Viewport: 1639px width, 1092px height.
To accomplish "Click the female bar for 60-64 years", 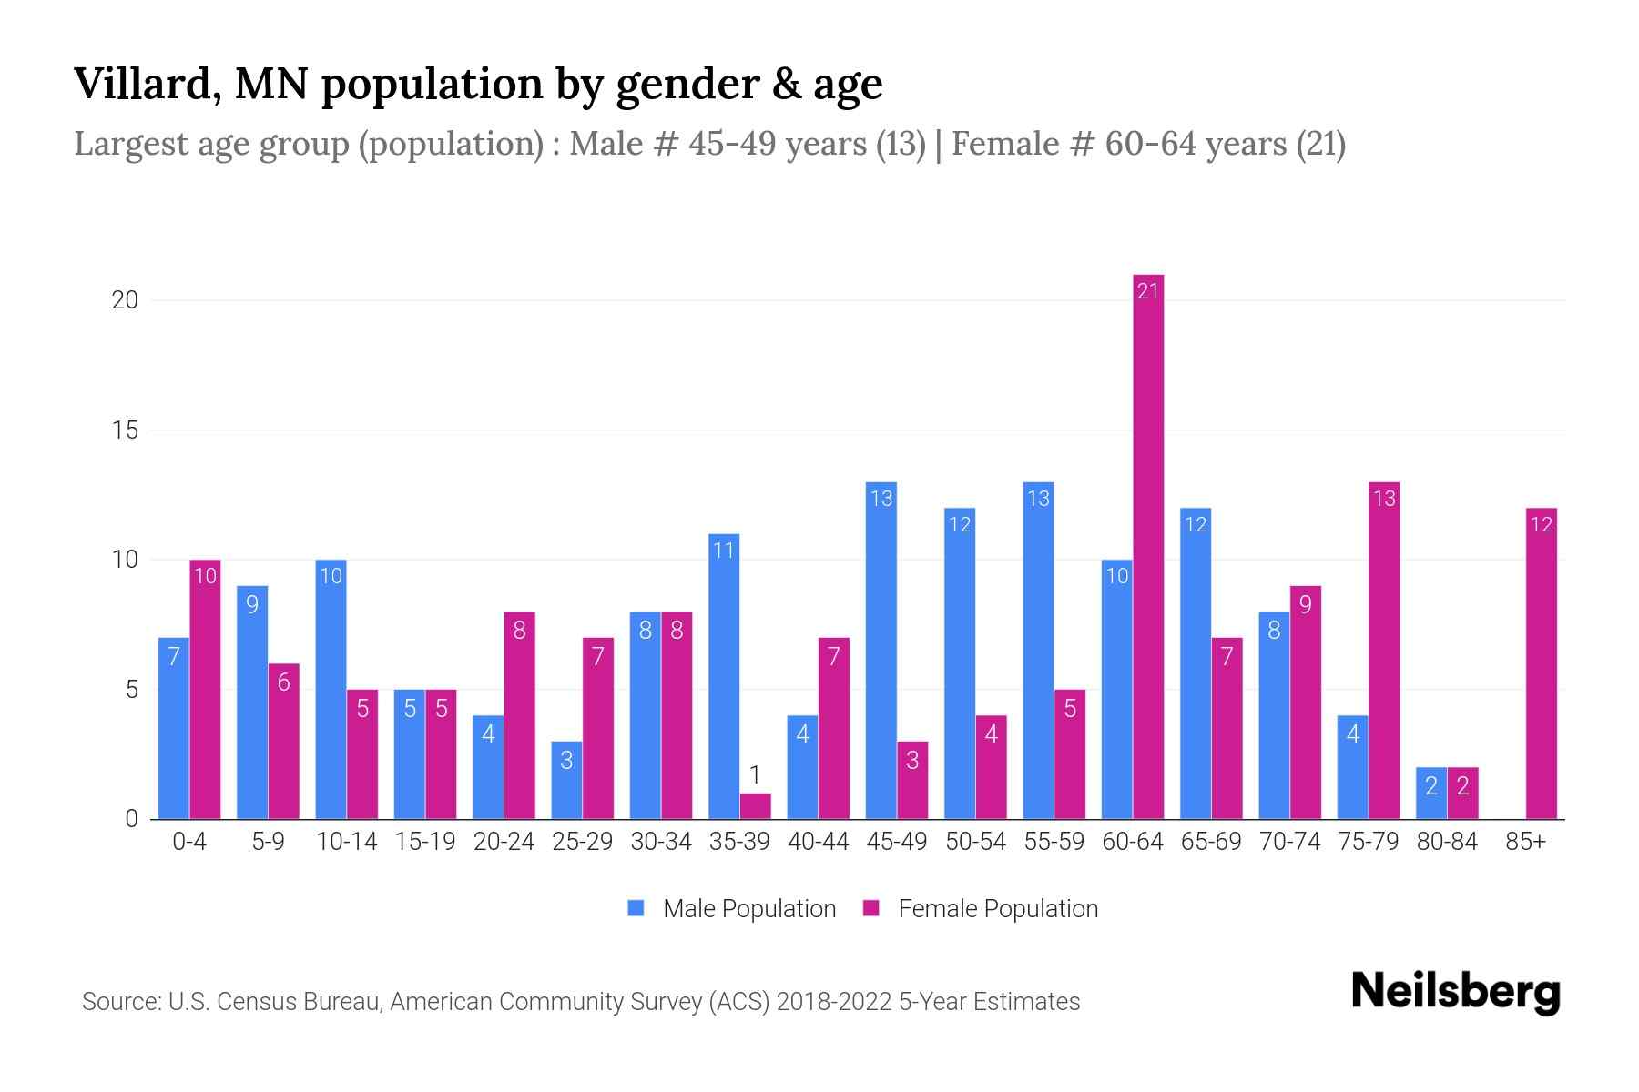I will pyautogui.click(x=1148, y=546).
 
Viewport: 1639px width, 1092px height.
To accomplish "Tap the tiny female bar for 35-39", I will pyautogui.click(x=755, y=806).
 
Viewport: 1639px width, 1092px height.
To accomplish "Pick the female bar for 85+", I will pyautogui.click(x=1541, y=663).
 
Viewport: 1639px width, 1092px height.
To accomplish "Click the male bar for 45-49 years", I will pyautogui.click(x=881, y=651).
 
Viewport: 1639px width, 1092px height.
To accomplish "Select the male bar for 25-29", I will pyautogui.click(x=566, y=780).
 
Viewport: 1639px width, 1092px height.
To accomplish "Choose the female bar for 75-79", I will pyautogui.click(x=1384, y=651).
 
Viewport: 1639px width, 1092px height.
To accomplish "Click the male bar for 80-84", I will pyautogui.click(x=1430, y=794).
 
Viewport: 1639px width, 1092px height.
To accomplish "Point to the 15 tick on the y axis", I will pyautogui.click(x=125, y=430).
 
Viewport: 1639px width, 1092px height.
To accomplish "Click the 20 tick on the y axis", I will pyautogui.click(x=125, y=300).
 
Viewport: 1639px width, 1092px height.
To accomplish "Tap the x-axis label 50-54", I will pyautogui.click(x=975, y=842).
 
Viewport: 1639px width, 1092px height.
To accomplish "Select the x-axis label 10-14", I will pyautogui.click(x=346, y=842).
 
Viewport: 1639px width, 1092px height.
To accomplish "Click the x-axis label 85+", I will pyautogui.click(x=1525, y=842).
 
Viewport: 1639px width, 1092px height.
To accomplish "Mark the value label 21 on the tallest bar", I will pyautogui.click(x=1148, y=290).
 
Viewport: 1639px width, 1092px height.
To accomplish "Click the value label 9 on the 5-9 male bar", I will pyautogui.click(x=252, y=604).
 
